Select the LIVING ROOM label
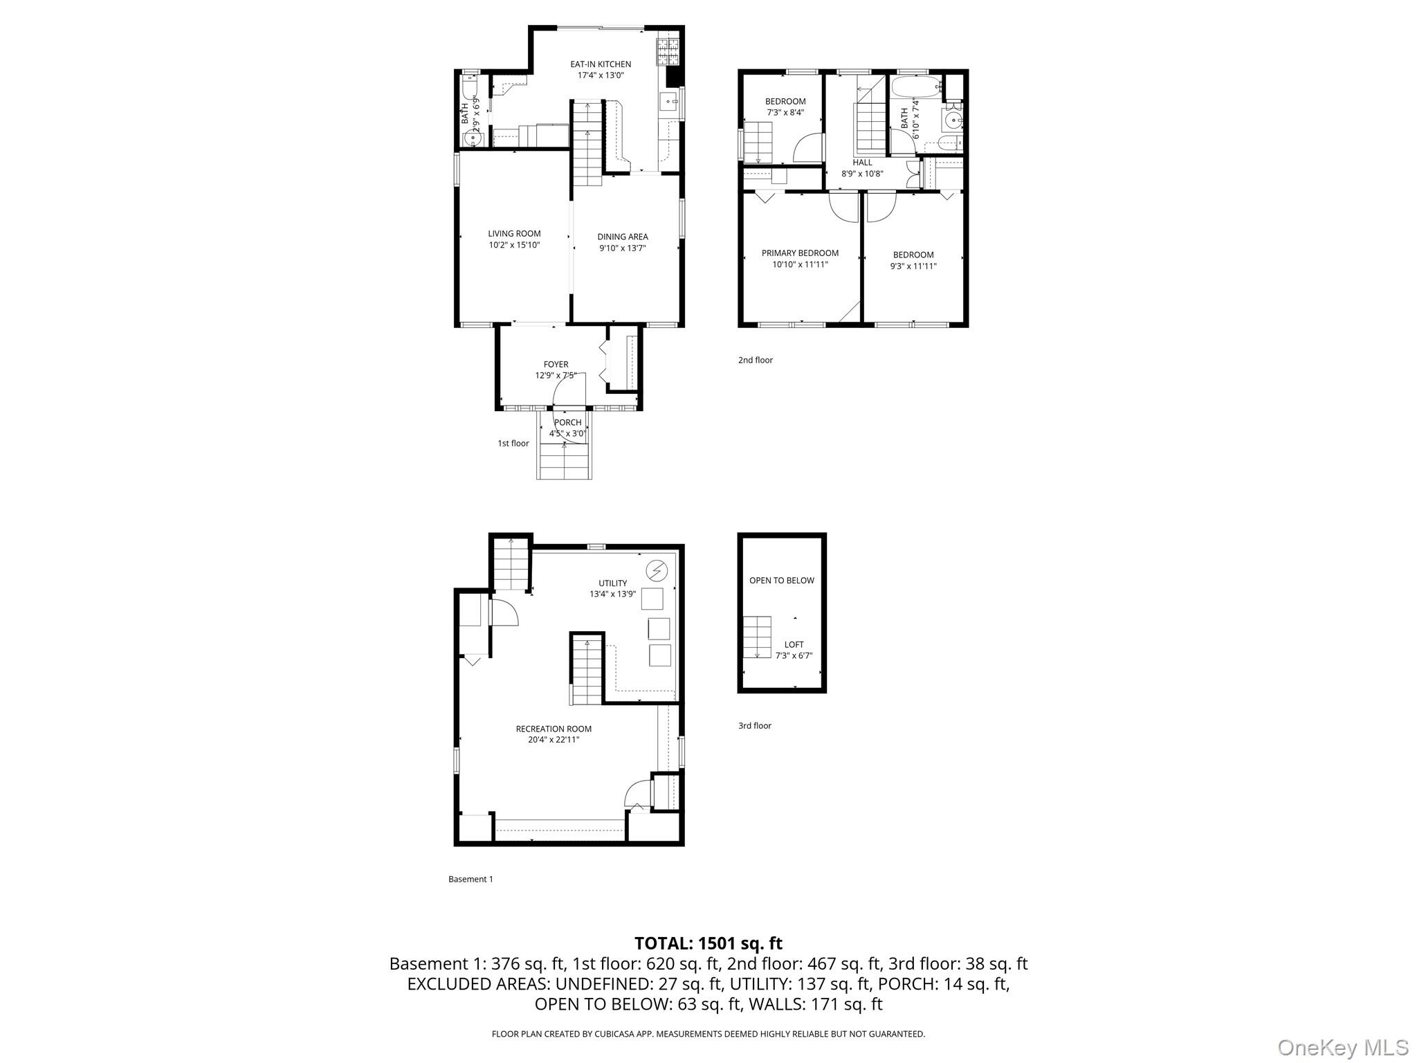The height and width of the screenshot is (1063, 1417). click(x=514, y=234)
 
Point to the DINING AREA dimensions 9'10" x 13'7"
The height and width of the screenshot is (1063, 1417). click(x=622, y=248)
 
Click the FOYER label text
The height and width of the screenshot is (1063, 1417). click(x=556, y=364)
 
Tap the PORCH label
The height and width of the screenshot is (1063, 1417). click(x=567, y=422)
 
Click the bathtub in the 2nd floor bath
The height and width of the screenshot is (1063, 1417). click(x=916, y=87)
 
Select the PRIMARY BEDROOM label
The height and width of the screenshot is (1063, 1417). click(x=800, y=253)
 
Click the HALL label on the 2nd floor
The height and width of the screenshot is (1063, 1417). click(x=862, y=163)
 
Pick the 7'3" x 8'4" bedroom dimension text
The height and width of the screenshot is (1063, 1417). click(x=785, y=113)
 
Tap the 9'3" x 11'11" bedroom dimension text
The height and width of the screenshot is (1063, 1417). click(x=913, y=266)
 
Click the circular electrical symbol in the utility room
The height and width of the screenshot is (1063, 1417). click(x=656, y=570)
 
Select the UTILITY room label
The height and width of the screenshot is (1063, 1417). click(x=612, y=583)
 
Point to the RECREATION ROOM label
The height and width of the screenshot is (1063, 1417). click(x=554, y=729)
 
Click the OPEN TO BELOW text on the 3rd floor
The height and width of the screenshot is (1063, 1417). click(x=782, y=581)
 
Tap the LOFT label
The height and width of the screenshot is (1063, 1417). click(x=794, y=644)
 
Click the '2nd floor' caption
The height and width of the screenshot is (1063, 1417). click(x=755, y=360)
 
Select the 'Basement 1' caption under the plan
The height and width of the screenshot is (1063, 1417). click(x=470, y=880)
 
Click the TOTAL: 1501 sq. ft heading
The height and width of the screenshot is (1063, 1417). click(x=708, y=943)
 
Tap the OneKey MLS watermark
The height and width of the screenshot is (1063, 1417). click(x=1343, y=1047)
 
